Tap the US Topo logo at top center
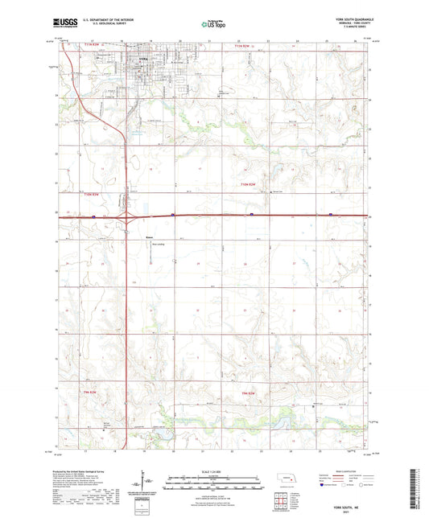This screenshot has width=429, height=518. [214, 24]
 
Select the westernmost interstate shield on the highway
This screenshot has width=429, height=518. [93, 216]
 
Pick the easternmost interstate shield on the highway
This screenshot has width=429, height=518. [331, 215]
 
